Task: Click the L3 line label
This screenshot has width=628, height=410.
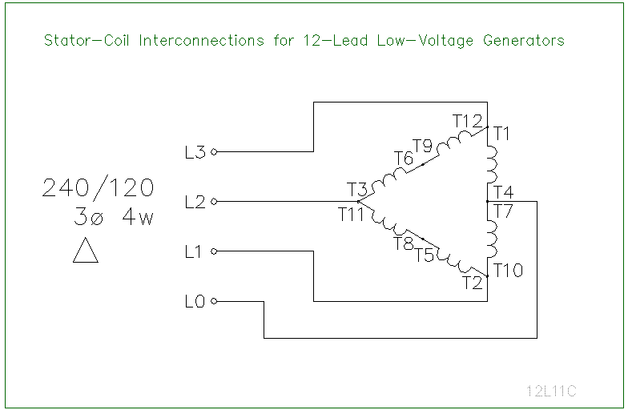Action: (x=195, y=152)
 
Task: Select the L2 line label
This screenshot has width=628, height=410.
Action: (x=195, y=202)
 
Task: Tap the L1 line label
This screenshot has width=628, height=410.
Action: (x=193, y=252)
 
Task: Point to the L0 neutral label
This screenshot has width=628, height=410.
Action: (x=195, y=302)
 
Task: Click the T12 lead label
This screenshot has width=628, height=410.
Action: (x=468, y=121)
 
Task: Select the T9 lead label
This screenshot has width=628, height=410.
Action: (x=423, y=146)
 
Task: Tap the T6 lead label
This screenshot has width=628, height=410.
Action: (x=404, y=159)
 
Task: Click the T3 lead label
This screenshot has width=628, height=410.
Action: (x=357, y=190)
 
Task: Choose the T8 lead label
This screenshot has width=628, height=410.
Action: (x=403, y=243)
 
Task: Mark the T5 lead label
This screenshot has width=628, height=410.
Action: (x=425, y=255)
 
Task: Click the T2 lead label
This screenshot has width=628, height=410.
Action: (x=473, y=282)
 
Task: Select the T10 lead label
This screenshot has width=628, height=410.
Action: (x=508, y=271)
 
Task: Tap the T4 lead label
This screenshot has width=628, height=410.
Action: (x=504, y=192)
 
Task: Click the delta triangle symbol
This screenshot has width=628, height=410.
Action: (x=85, y=251)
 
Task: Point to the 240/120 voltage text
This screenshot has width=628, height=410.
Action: (x=98, y=188)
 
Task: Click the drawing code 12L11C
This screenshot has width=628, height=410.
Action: (x=551, y=391)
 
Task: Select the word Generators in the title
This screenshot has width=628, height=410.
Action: (x=524, y=40)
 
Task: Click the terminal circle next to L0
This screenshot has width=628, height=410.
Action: (x=214, y=302)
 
